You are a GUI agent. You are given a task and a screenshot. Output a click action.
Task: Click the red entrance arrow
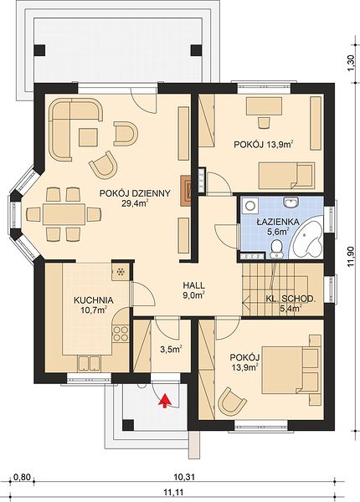[x=165, y=401]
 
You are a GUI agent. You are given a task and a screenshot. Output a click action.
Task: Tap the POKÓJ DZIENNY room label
[x=135, y=194]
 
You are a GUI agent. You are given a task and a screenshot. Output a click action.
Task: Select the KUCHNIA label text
[x=94, y=300]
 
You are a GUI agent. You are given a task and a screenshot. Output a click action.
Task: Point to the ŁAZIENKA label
[x=278, y=222]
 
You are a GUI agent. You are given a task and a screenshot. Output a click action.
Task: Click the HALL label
[x=193, y=285]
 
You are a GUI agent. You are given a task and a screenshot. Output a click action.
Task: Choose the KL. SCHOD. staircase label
[x=291, y=299]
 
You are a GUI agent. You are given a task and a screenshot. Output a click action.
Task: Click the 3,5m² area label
[x=171, y=349]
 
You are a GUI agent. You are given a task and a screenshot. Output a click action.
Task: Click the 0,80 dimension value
[x=22, y=477]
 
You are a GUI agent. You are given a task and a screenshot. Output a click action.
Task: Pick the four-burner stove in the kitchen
[x=121, y=333]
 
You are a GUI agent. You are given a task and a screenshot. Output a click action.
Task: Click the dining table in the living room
[x=64, y=214]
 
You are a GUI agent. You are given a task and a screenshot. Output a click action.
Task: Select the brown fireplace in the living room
[x=187, y=191]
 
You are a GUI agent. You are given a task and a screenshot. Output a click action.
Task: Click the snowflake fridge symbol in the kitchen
[x=121, y=272]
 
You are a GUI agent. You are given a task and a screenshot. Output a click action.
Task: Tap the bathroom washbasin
[x=291, y=202]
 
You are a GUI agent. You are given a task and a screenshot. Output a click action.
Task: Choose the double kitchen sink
[x=89, y=363]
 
